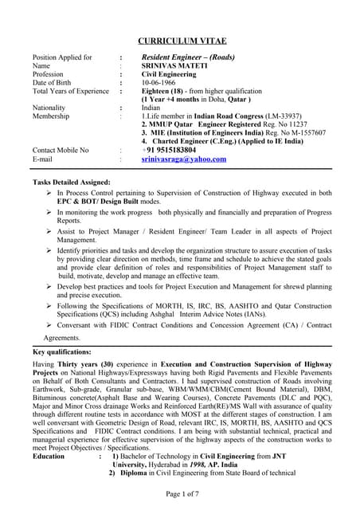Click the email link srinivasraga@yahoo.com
184,159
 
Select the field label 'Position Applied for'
62,57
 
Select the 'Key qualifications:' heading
61,351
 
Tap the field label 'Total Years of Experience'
70,91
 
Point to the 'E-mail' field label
44,159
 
